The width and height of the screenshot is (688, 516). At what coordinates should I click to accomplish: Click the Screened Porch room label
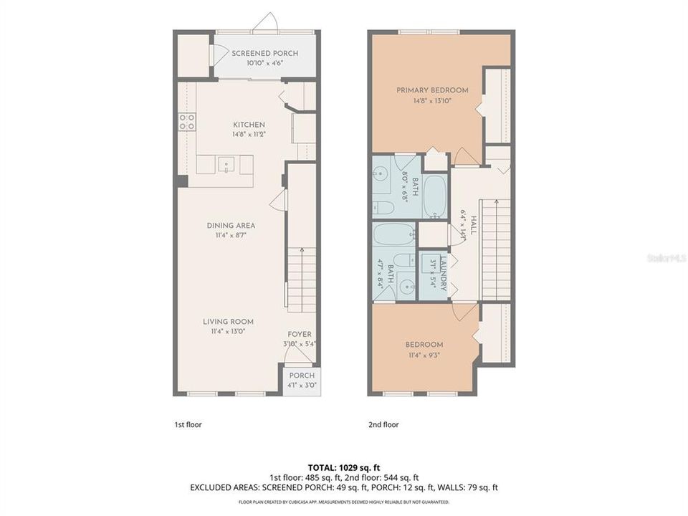(264, 54)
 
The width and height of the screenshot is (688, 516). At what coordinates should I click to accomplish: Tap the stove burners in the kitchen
(187, 122)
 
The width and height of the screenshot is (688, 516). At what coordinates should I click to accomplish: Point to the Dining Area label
(231, 226)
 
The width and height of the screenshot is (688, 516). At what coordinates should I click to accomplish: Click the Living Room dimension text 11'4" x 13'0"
(228, 331)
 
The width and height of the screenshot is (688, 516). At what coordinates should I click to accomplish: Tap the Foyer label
(300, 335)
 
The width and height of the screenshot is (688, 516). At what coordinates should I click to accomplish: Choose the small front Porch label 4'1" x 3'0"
(301, 385)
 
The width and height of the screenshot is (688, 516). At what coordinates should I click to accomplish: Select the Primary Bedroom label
(433, 90)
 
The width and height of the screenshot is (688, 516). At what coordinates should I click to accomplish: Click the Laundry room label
(444, 273)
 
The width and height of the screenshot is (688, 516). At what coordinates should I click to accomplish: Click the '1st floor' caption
(188, 424)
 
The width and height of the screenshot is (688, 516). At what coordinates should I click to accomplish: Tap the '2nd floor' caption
(383, 424)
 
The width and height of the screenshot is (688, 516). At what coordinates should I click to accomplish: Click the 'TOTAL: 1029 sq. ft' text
(343, 466)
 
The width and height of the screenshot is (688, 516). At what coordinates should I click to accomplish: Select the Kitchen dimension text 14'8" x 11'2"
(248, 134)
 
